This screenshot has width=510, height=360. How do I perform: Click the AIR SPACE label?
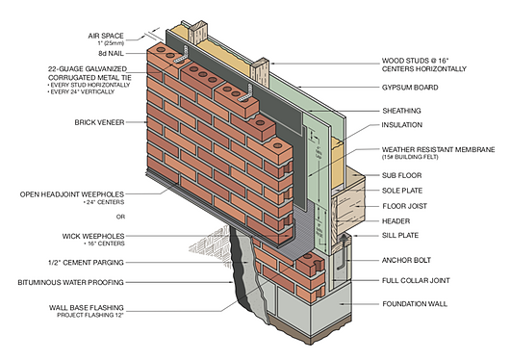(x=106, y=36)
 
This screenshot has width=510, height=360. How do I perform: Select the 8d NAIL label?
(x=111, y=53)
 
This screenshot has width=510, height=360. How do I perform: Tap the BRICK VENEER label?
(x=99, y=122)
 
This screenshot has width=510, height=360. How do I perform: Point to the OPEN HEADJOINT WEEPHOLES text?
(x=72, y=194)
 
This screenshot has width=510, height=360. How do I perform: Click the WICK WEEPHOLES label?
(x=93, y=236)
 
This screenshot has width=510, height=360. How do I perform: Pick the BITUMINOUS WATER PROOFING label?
(x=70, y=282)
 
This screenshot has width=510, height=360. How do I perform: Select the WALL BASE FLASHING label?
(x=87, y=307)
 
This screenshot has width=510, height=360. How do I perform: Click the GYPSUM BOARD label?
(x=410, y=88)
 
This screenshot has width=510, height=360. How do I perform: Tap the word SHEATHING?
(x=401, y=111)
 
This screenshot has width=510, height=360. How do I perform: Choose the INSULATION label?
(x=401, y=125)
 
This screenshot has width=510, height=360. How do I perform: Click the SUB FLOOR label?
(x=401, y=175)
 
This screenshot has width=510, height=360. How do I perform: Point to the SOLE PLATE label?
(x=402, y=191)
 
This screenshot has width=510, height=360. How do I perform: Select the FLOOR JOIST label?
(x=404, y=206)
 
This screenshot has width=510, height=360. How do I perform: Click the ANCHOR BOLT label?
(x=406, y=260)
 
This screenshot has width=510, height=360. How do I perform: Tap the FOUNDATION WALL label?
(x=415, y=303)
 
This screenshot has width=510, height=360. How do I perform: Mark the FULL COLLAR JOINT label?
(x=416, y=280)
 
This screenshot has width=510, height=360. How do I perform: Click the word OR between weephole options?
(x=120, y=217)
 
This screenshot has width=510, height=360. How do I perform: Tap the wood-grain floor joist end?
(x=348, y=208)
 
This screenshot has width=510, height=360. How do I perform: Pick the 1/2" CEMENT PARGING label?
(x=86, y=263)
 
